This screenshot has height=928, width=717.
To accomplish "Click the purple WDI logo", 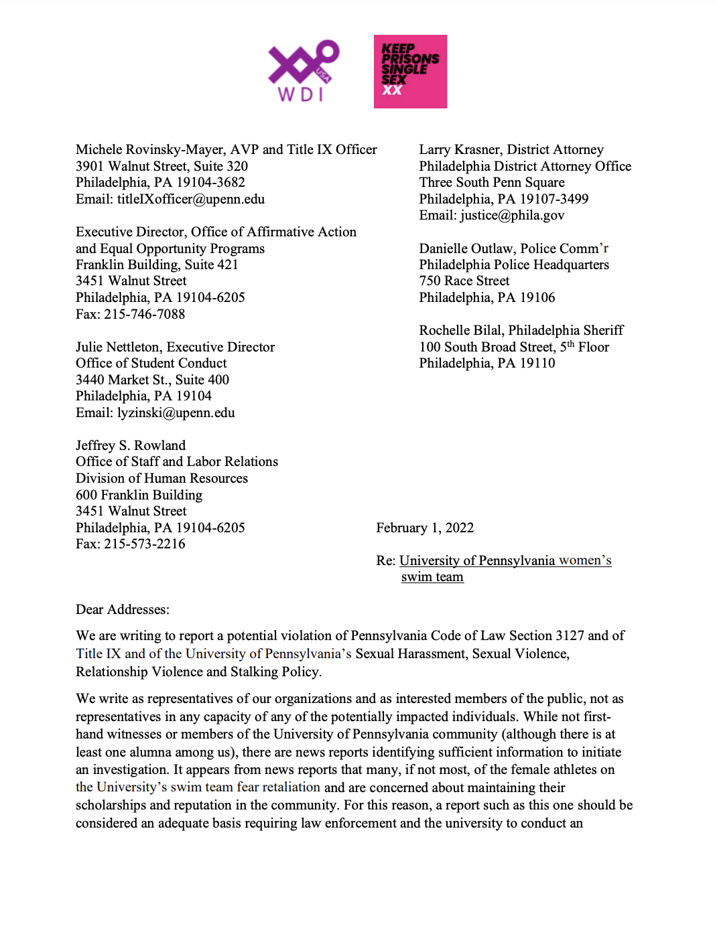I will (304, 71).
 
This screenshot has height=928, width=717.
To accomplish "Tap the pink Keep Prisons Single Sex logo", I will (410, 72).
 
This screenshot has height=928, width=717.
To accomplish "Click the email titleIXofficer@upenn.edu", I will (191, 199).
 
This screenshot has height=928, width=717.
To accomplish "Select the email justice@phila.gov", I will (512, 215).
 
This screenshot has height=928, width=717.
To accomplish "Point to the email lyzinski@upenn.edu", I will (176, 412).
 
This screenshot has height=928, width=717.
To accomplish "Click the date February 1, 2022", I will (425, 528).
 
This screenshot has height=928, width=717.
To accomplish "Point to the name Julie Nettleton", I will (117, 347).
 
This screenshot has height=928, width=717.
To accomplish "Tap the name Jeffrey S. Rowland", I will (131, 445).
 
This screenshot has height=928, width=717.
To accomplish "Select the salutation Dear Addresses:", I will (123, 609).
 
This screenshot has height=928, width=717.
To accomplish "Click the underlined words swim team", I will (432, 577).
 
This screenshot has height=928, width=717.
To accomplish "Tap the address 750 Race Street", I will (464, 281).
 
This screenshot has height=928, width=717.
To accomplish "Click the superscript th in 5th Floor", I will (571, 344).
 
